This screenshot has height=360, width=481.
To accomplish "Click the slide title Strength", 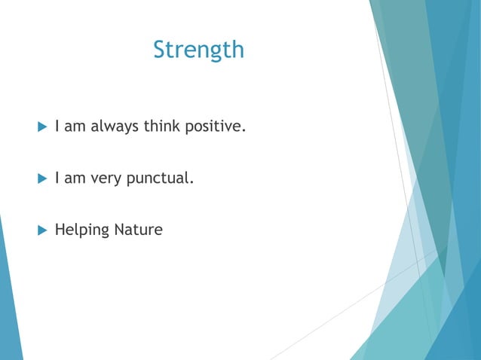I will tap(198, 50).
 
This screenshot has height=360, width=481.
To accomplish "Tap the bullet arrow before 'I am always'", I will tap(42, 127).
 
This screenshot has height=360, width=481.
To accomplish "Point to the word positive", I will tap(213, 127).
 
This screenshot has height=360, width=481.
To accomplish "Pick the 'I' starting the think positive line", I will tap(57, 126).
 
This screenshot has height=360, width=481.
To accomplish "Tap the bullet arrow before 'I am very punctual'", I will tap(42, 178).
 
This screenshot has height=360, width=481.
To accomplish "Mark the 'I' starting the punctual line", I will tap(57, 178).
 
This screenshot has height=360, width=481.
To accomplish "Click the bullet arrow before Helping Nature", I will tap(42, 230).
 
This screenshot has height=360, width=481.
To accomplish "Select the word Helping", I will tap(81, 230).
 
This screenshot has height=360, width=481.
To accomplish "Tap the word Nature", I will tap(138, 230).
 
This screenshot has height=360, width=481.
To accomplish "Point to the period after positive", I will tap(244, 131).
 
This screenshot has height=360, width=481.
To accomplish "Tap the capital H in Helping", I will tap(60, 230).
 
